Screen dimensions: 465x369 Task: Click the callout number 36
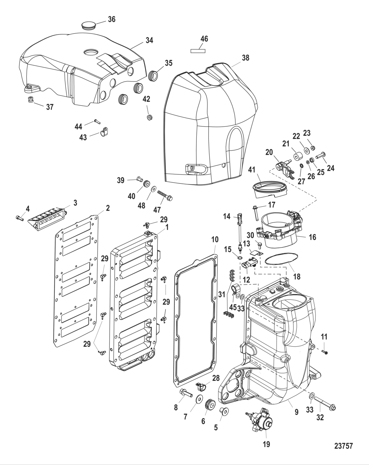112,19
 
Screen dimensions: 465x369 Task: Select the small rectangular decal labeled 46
198,51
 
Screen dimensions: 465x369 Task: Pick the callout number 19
266,444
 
